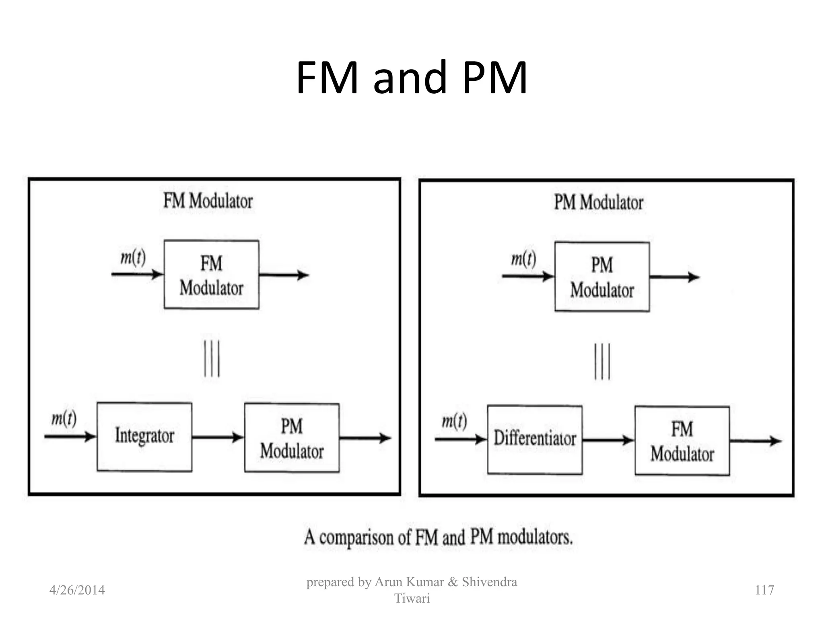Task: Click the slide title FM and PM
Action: pyautogui.click(x=411, y=77)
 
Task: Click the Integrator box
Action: pyautogui.click(x=144, y=437)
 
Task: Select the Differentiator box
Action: pyautogui.click(x=535, y=439)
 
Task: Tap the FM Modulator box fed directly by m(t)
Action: pyautogui.click(x=211, y=275)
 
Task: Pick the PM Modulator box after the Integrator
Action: pyautogui.click(x=292, y=438)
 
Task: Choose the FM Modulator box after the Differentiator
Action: pyautogui.click(x=682, y=441)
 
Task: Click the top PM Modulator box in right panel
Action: pyautogui.click(x=602, y=277)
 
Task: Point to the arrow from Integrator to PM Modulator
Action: pyautogui.click(x=218, y=437)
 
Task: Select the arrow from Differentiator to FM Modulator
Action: pyautogui.click(x=608, y=440)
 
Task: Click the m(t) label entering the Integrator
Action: pyautogui.click(x=64, y=419)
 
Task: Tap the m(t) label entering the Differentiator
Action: pyautogui.click(x=454, y=421)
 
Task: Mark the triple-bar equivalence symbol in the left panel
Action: pyautogui.click(x=212, y=358)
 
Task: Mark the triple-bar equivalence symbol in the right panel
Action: pyautogui.click(x=602, y=361)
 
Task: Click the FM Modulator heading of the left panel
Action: pyautogui.click(x=208, y=201)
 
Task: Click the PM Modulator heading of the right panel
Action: pyautogui.click(x=599, y=202)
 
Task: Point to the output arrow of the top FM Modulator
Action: pyautogui.click(x=284, y=275)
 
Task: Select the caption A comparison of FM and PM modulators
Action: pyautogui.click(x=438, y=538)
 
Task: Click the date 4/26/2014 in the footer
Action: pyautogui.click(x=77, y=590)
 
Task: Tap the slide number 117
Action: pyautogui.click(x=764, y=590)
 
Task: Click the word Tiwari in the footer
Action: pyautogui.click(x=412, y=599)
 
